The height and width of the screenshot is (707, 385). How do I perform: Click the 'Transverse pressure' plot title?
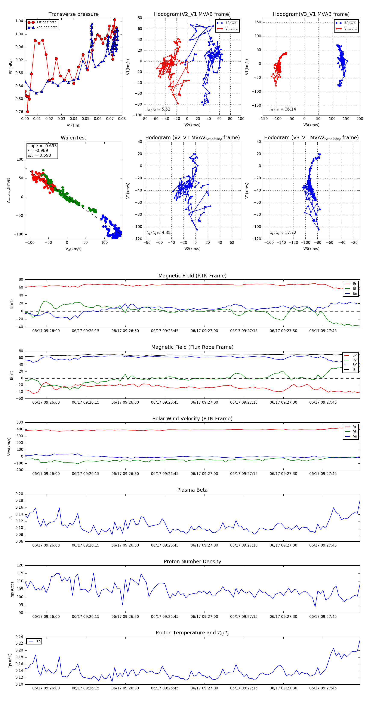click(73, 14)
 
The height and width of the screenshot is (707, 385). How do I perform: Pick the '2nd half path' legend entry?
click(47, 27)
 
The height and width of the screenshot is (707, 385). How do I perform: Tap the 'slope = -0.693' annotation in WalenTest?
click(42, 146)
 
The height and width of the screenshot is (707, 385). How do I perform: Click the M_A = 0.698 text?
click(39, 155)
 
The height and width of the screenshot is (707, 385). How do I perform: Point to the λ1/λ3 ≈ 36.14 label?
click(283, 109)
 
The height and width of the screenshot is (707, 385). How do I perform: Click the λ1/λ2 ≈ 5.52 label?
click(158, 109)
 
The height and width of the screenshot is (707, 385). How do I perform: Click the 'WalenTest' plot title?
click(73, 138)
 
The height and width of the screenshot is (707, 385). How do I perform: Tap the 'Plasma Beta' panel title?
click(192, 490)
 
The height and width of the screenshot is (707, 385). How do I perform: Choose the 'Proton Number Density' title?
click(192, 562)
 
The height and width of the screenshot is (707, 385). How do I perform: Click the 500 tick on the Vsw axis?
click(20, 422)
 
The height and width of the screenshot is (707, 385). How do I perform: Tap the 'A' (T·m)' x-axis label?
click(73, 125)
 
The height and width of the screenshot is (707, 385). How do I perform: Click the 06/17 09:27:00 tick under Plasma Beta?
click(204, 545)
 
